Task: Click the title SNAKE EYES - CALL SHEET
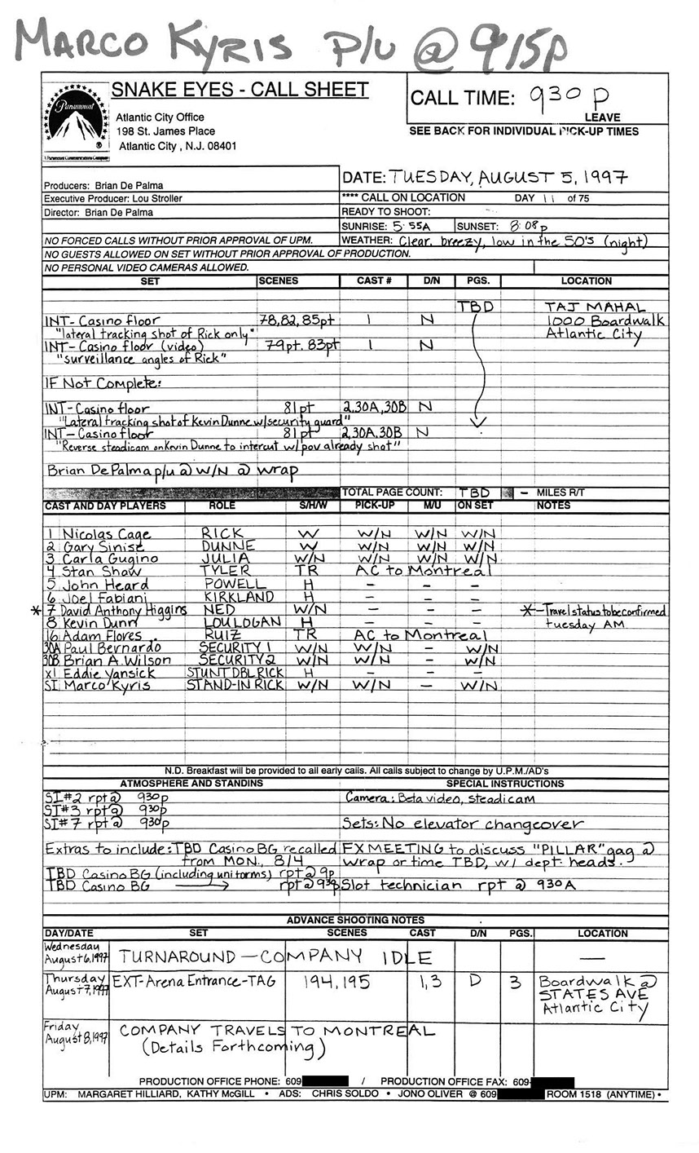pos(240,90)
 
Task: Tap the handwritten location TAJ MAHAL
pos(595,307)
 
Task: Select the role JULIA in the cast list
pos(224,559)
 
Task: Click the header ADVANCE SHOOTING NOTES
pos(355,921)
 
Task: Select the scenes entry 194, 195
pos(340,983)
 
